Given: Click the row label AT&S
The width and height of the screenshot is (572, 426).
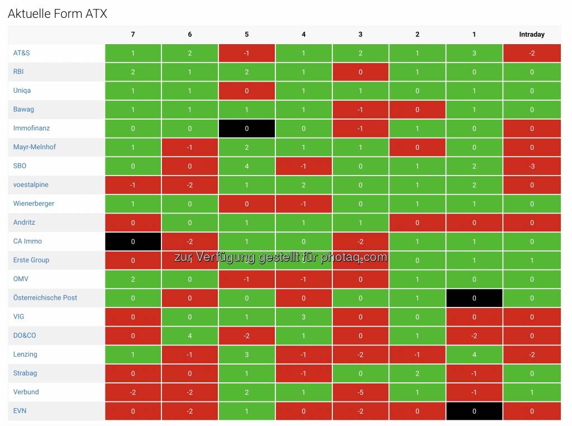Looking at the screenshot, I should (x=22, y=53).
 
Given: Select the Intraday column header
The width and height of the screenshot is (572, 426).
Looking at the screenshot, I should (x=531, y=35).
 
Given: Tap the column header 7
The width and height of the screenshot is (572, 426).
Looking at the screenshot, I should (x=133, y=35).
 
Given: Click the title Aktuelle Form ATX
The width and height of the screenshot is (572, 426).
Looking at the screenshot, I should (x=58, y=14).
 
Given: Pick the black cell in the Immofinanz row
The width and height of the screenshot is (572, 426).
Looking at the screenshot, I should (x=246, y=129).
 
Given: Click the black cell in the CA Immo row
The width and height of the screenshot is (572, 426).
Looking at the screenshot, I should (x=133, y=242).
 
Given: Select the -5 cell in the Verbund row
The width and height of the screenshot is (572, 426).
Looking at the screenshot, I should (x=360, y=392).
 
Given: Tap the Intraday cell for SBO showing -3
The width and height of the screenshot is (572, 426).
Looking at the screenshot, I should (x=531, y=166).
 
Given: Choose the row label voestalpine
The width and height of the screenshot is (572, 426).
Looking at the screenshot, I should (x=31, y=185).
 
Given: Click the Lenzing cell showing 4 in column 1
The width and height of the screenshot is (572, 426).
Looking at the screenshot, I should (x=474, y=354).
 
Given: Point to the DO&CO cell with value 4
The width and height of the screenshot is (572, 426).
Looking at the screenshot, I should (x=190, y=336).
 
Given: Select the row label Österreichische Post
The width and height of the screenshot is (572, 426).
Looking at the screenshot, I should (x=45, y=298).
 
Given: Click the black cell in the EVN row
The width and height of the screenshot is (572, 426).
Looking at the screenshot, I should (x=474, y=411).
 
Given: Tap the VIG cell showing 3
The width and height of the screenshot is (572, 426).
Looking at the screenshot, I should (x=303, y=317).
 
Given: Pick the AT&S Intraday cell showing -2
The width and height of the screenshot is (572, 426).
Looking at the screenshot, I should (x=531, y=53).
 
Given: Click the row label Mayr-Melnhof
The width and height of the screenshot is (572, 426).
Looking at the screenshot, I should (x=35, y=147).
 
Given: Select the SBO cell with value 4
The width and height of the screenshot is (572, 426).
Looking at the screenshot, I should (x=246, y=166).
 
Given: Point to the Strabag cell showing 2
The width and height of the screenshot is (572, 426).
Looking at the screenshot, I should (x=417, y=373).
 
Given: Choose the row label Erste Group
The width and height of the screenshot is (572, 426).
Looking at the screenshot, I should (x=31, y=260).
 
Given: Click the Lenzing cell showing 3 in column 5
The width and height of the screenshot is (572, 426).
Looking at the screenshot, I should (x=246, y=354).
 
